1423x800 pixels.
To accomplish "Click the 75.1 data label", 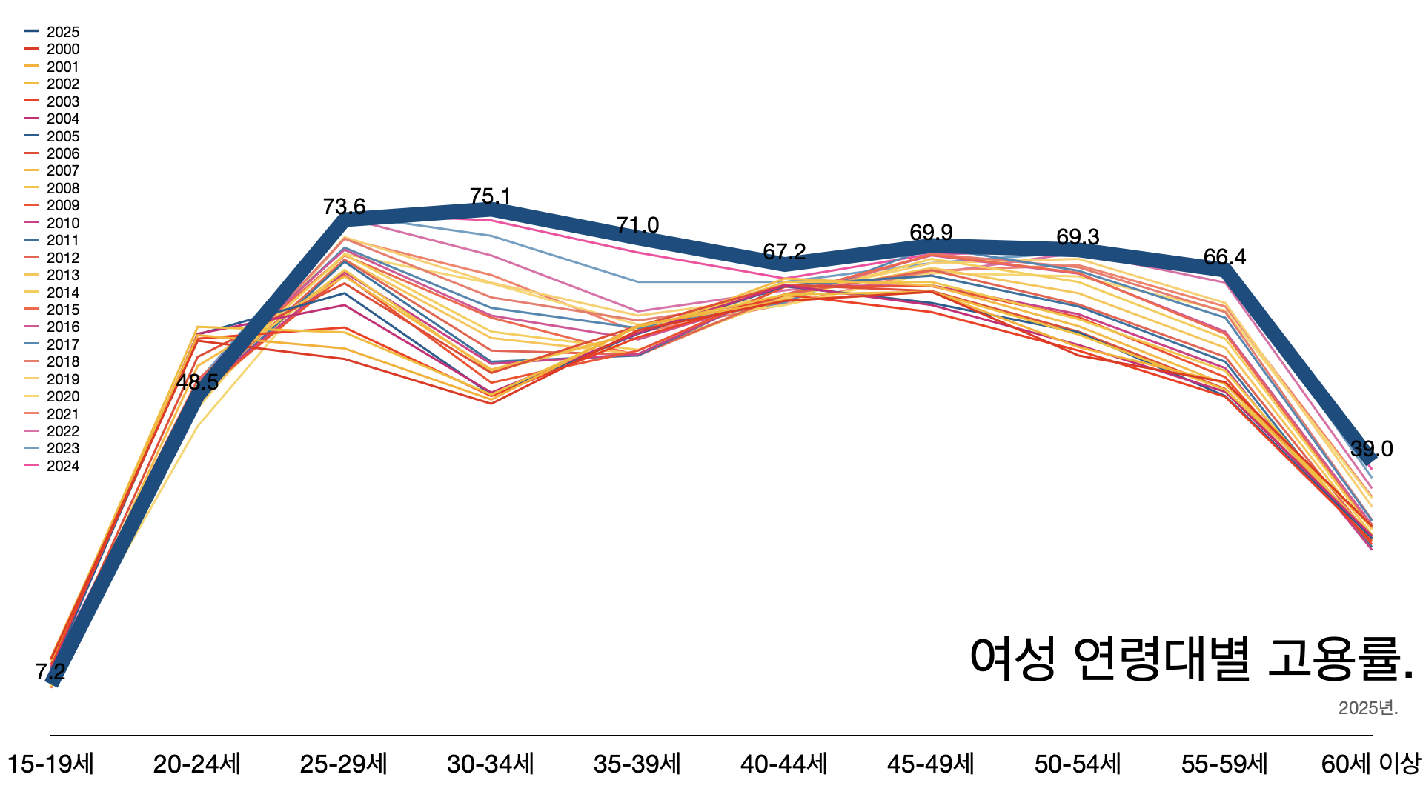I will coord(490,196).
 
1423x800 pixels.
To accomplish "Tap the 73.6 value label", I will coord(344,207).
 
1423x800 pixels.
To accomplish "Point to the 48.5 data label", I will coord(197,382).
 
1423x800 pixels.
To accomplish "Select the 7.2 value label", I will coord(50,672).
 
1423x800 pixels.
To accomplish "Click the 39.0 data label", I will coord(1371,449).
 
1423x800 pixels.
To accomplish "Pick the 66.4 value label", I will coord(1224,257).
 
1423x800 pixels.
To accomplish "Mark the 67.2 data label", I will coord(784,252).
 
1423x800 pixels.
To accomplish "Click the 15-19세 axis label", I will coord(50,764).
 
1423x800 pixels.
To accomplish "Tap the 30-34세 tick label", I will coord(490,764).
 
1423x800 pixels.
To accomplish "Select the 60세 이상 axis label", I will coord(1370,764).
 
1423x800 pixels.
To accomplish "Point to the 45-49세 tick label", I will coord(931,764).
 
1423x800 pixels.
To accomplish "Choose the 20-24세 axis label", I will coord(197,764).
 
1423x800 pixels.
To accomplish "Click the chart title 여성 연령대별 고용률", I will coord(1192,659).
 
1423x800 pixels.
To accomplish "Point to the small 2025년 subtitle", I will coord(1367,708).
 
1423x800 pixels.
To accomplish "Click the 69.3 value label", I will coord(1078,237).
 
